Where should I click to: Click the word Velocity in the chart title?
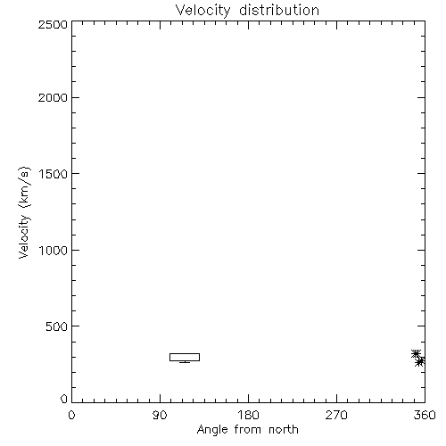(x=202, y=11)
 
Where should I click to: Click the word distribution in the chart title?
(x=279, y=10)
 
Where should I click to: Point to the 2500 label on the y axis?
(x=53, y=24)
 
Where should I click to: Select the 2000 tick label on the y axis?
(x=53, y=97)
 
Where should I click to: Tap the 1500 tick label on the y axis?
(x=54, y=174)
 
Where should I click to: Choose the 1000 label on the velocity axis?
(x=54, y=251)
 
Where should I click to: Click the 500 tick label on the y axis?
(x=56, y=326)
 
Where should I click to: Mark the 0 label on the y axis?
(x=64, y=399)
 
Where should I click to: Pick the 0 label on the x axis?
(x=71, y=415)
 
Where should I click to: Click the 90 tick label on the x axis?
(x=160, y=415)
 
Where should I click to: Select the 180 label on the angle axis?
(x=248, y=415)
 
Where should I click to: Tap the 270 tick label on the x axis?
(x=336, y=415)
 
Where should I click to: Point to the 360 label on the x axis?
(x=425, y=415)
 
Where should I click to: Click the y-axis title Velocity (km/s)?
(x=24, y=212)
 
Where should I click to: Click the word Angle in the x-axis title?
(x=212, y=430)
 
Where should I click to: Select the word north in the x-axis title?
(x=284, y=429)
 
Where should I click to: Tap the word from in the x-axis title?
(x=248, y=429)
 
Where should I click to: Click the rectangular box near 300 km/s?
(x=185, y=353)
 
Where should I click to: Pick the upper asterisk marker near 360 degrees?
(x=416, y=354)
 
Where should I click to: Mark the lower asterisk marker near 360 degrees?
(x=420, y=361)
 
